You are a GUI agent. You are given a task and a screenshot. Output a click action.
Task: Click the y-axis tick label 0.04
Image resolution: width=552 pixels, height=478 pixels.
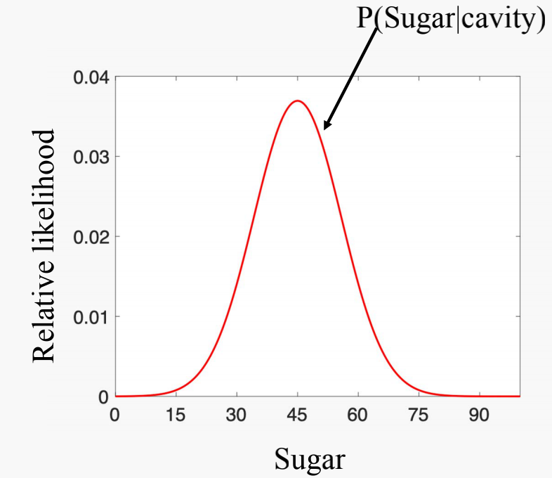coord(91,77)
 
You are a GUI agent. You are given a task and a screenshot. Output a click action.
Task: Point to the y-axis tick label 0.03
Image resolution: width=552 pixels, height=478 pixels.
coord(91,156)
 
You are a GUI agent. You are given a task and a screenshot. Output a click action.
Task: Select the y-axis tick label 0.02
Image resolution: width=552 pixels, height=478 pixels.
coord(91,236)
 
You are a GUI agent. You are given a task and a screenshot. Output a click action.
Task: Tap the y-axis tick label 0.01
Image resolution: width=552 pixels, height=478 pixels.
coord(91,316)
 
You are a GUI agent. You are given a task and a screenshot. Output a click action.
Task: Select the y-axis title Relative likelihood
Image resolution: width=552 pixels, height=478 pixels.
coord(44,245)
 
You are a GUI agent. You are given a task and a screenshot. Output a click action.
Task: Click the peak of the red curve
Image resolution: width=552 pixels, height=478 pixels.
coord(298,101)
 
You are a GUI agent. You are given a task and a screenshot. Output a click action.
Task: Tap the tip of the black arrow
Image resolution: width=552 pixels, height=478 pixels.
coord(324,129)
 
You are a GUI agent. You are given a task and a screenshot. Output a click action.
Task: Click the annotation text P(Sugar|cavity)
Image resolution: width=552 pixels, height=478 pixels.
coord(451,20)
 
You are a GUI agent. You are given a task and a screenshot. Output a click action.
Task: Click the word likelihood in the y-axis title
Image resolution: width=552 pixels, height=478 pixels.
coord(44,188)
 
